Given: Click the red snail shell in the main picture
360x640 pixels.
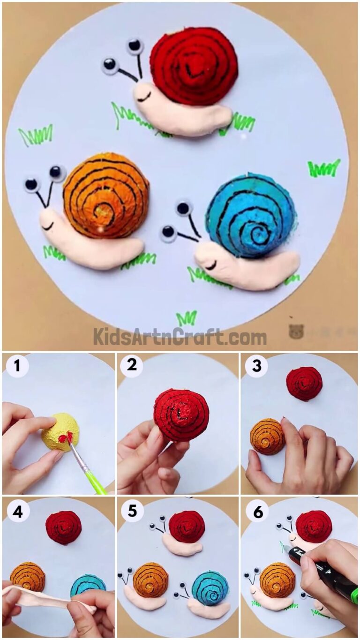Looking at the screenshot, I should tap(193, 68).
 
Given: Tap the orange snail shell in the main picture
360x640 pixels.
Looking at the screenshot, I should tap(106, 195).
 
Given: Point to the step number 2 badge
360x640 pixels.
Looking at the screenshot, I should tap(132, 366).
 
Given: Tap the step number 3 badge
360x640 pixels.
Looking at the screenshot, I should tap(256, 366).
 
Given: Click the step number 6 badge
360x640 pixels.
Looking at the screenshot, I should tap(257, 511).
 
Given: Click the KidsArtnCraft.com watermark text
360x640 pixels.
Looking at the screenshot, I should tap(180, 336).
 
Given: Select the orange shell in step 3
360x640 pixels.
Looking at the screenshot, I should tap(267, 436).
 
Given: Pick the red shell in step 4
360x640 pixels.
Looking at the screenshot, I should tap(64, 527).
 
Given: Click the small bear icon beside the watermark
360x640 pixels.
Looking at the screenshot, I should tap(296, 332).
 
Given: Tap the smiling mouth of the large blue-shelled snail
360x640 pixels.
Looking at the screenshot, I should tap(211, 266).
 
